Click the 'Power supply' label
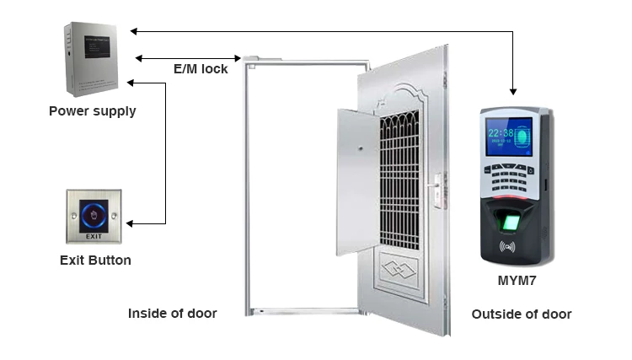pyautogui.click(x=92, y=110)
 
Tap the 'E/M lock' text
pyautogui.click(x=200, y=69)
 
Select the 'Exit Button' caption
pyautogui.click(x=95, y=261)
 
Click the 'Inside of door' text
pyautogui.click(x=172, y=314)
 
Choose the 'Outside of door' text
pyautogui.click(x=522, y=314)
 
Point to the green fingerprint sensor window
pyautogui.click(x=508, y=223)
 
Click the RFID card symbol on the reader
pyautogui.click(x=507, y=248)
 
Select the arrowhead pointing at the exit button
pyautogui.click(x=131, y=223)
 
